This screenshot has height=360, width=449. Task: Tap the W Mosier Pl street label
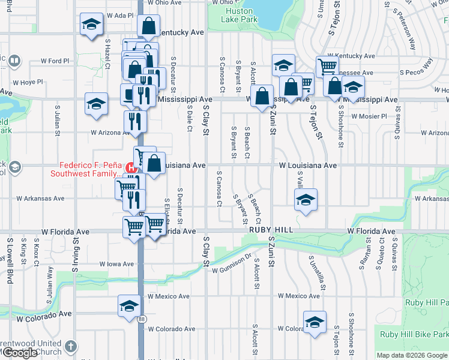point(369,116)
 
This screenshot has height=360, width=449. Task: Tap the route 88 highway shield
point(140,319)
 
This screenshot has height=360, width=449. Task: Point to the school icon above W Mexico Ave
point(128,306)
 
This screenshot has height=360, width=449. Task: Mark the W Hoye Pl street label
point(28,82)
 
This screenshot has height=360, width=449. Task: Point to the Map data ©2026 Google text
point(411,355)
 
